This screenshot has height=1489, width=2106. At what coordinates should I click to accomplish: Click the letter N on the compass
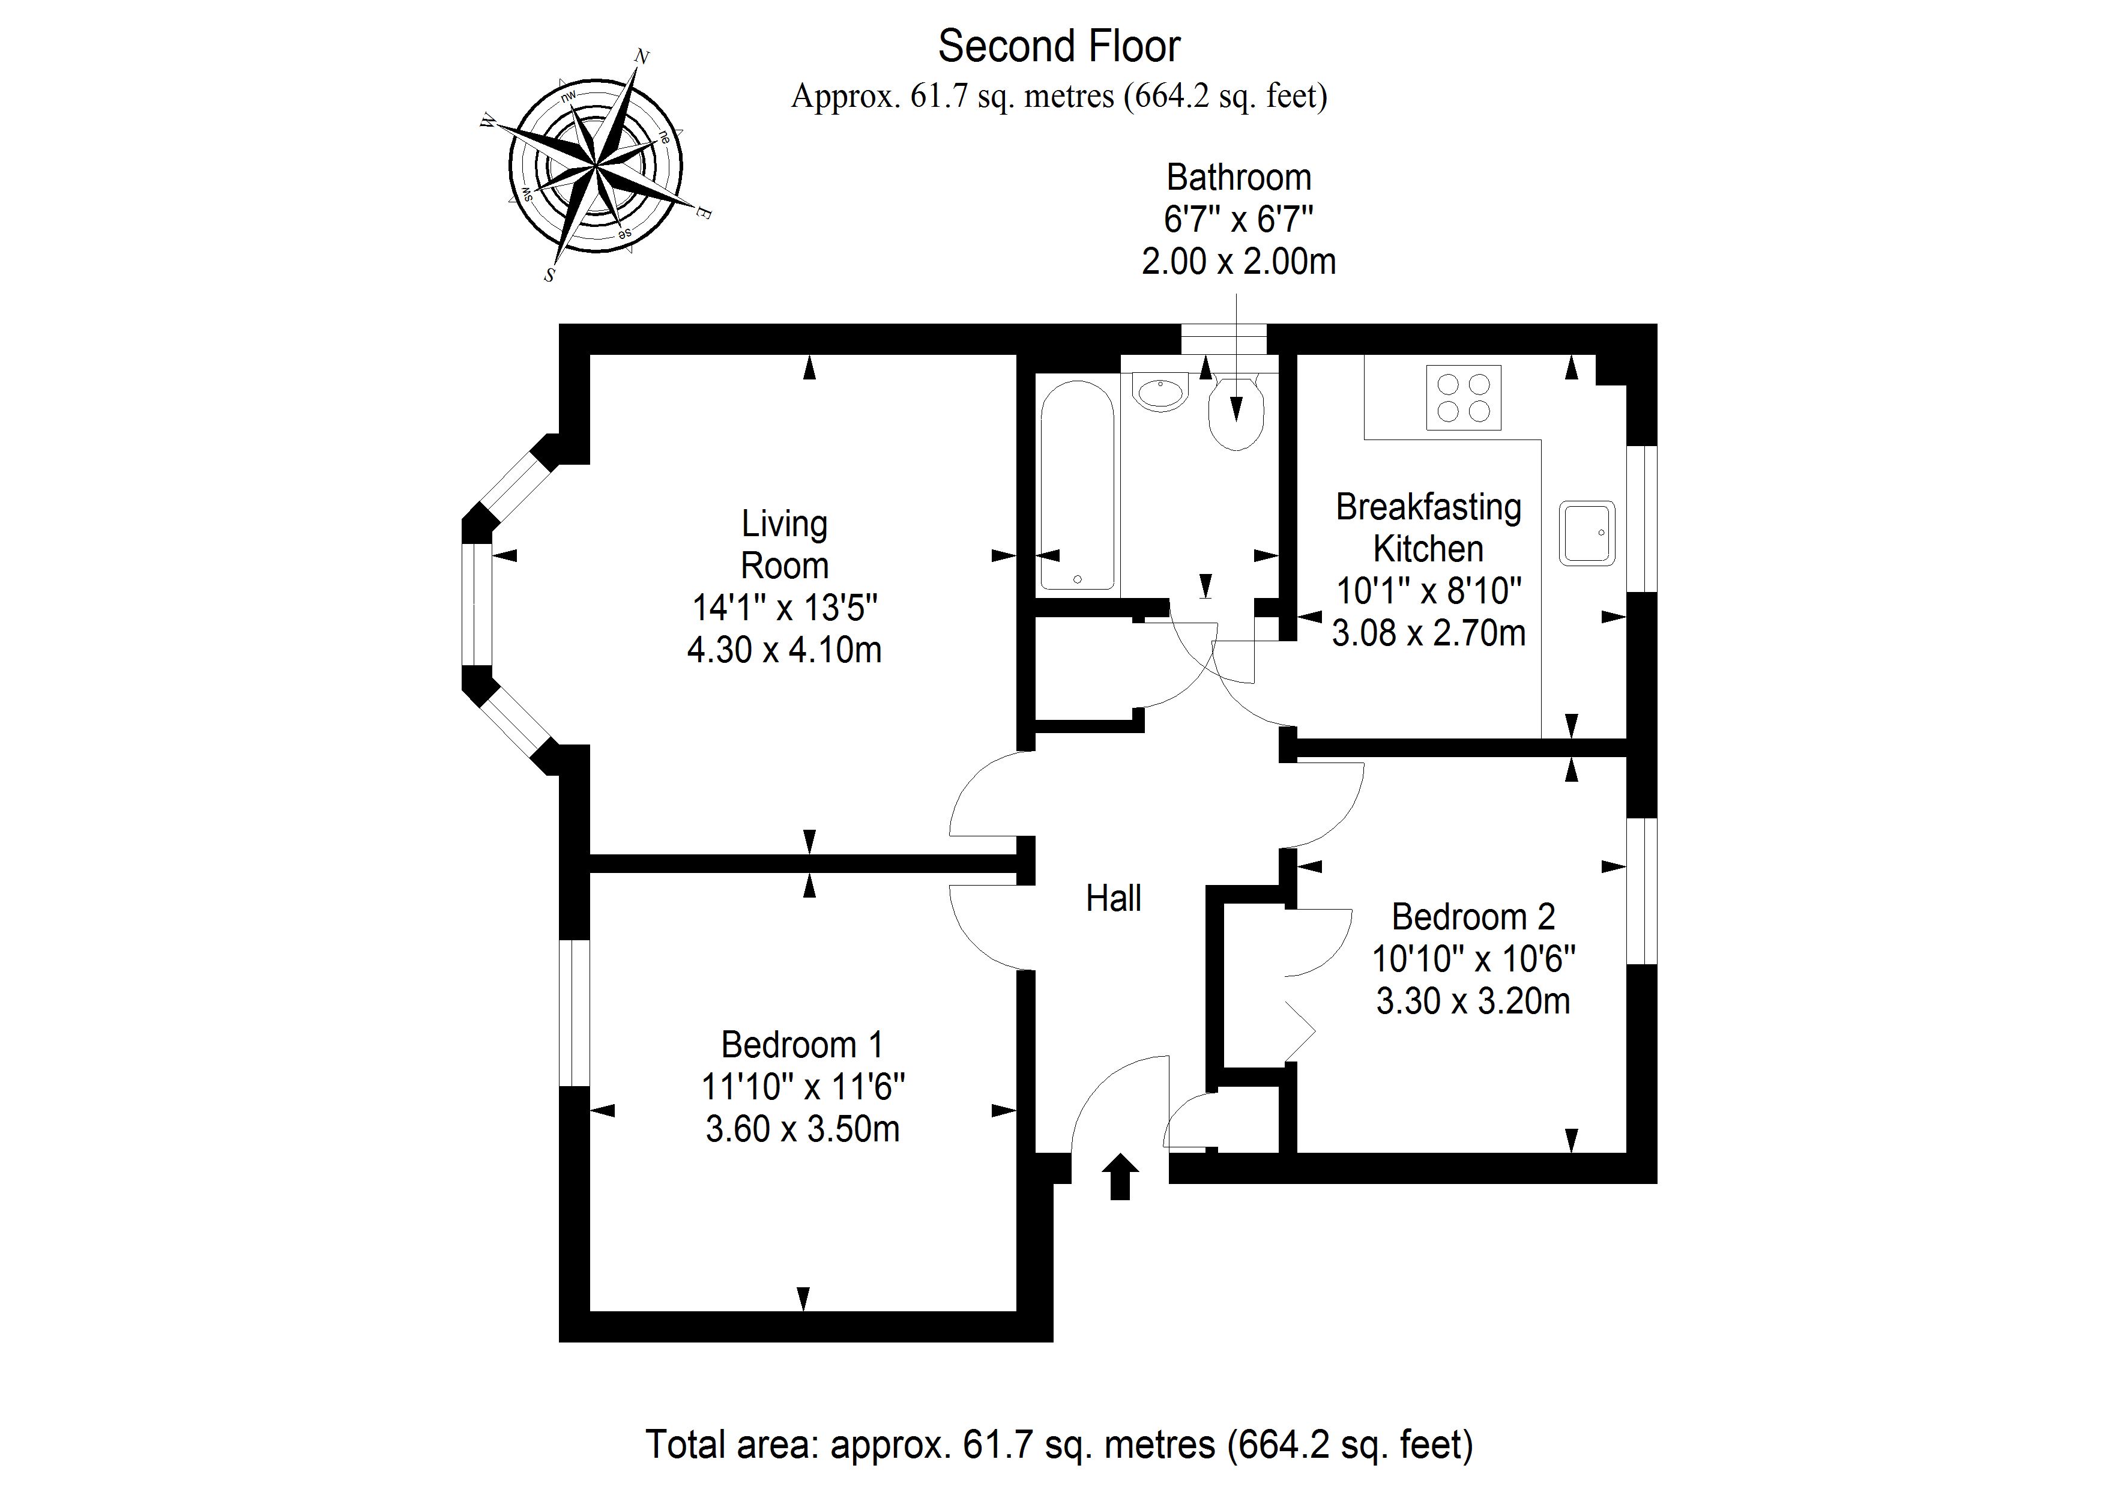pos(642,57)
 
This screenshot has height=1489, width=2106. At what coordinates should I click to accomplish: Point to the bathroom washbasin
pos(1160,393)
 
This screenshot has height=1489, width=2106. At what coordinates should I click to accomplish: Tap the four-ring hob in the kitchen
pos(1463,397)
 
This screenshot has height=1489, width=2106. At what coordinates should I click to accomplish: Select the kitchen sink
pos(1587,532)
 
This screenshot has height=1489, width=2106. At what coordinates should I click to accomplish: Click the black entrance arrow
pos(1120,1176)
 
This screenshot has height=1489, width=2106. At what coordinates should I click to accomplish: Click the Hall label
pos(1114,898)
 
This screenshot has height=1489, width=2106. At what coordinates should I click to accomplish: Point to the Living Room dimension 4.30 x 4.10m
pos(784,650)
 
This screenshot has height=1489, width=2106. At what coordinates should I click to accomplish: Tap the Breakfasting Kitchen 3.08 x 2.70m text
pos(1428,633)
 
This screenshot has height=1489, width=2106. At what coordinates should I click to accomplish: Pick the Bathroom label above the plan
pos(1239,177)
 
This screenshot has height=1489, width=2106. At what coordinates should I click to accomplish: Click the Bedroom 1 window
pos(574,1013)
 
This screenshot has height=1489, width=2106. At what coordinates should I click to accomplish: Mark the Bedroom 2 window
pos(1642,890)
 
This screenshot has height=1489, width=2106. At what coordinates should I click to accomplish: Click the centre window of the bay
pos(476,603)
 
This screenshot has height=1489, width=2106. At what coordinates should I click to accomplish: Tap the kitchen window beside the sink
pos(1642,518)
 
